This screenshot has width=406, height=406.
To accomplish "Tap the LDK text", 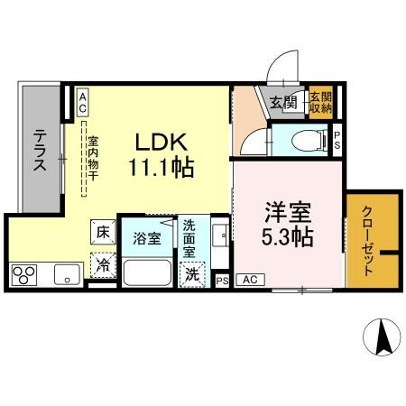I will tap(161, 142).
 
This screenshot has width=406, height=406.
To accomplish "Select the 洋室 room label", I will tap(289, 215).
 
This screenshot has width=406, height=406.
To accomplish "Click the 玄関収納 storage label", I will tap(320, 102).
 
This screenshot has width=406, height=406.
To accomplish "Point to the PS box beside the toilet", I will tap(337, 139).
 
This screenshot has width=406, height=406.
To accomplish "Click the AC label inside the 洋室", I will tap(249, 281).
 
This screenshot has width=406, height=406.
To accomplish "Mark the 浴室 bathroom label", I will tap(147, 239).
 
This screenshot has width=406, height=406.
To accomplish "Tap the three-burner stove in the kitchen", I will tap(25, 273).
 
